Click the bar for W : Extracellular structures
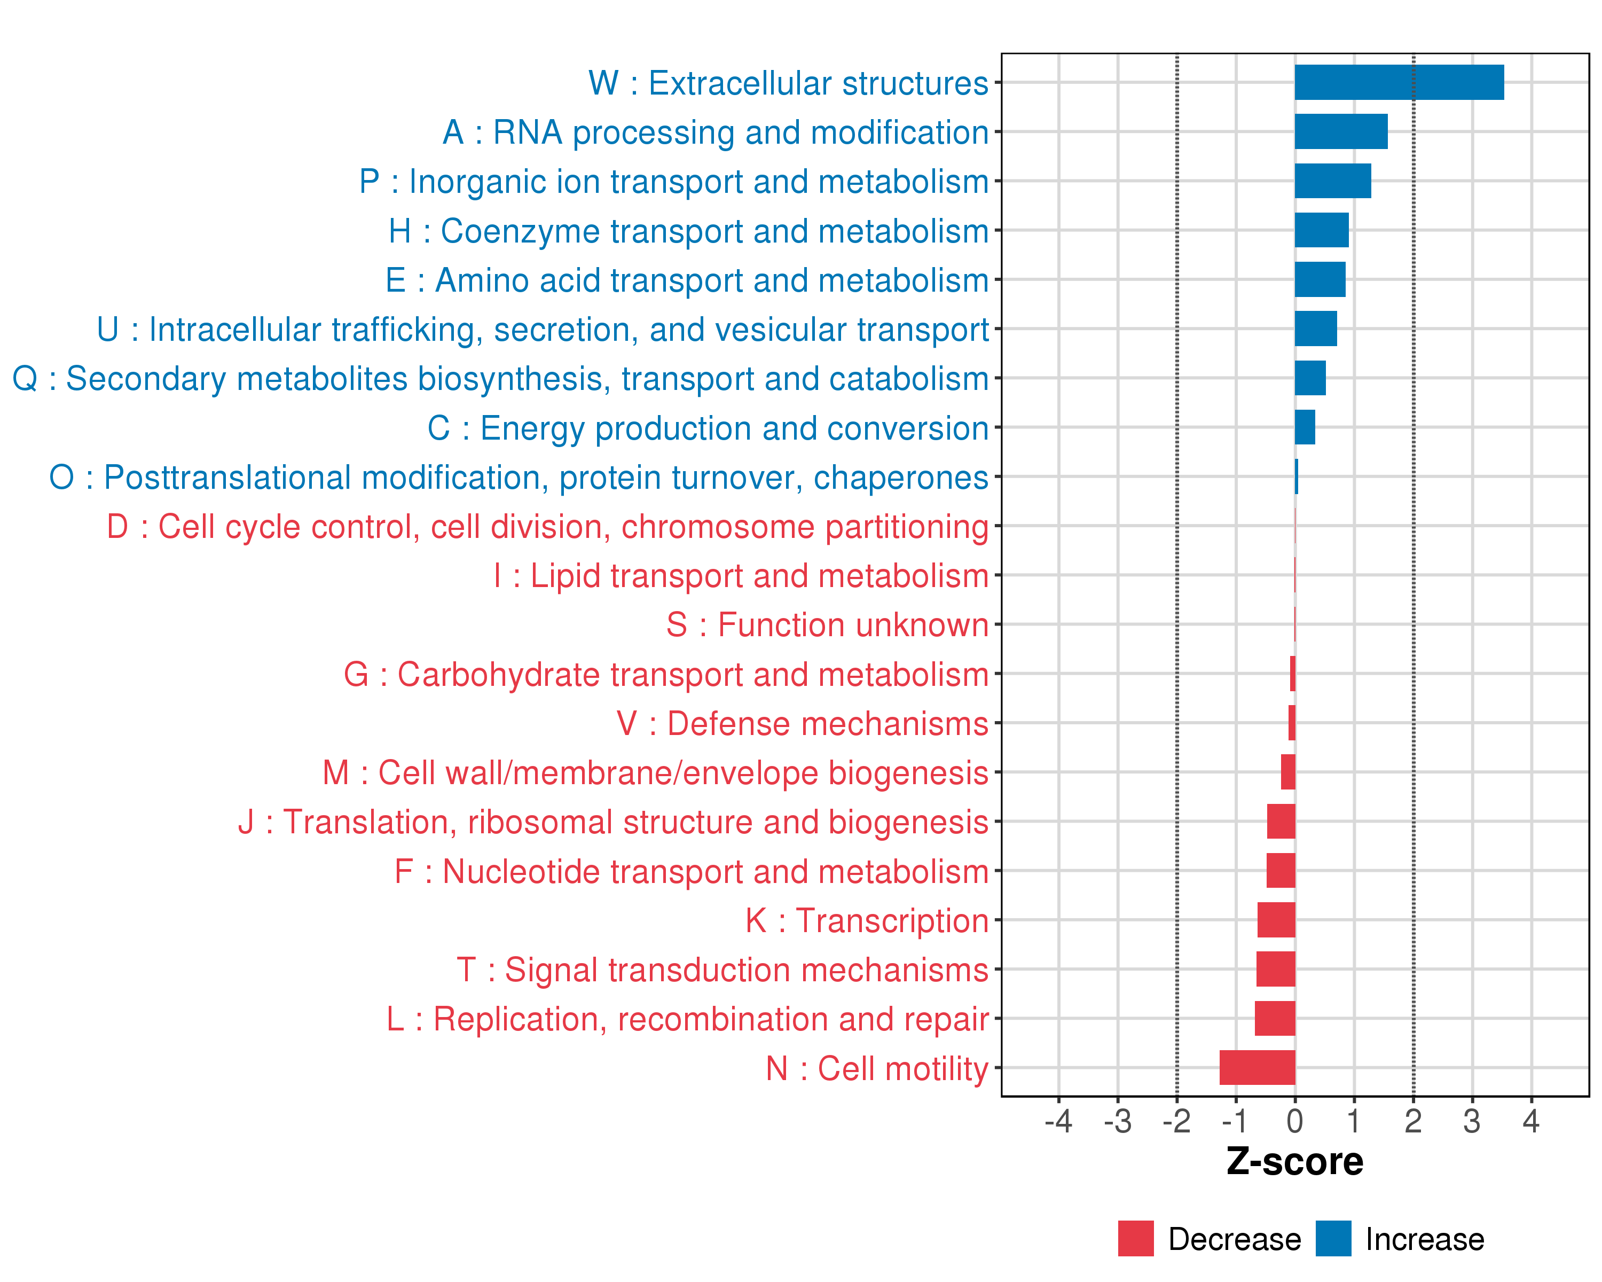[x=1399, y=82]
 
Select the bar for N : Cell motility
[x=1257, y=1067]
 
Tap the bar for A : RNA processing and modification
[x=1340, y=131]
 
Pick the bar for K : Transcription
[x=1276, y=920]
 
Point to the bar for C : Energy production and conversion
[x=1305, y=427]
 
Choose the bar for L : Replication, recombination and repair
[x=1274, y=1018]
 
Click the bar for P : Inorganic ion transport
[x=1332, y=181]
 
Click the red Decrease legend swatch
[x=1135, y=1238]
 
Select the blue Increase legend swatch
[x=1333, y=1238]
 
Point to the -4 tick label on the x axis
[x=1058, y=1121]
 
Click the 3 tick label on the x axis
[x=1471, y=1121]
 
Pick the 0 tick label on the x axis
[x=1294, y=1121]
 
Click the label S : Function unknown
[x=827, y=625]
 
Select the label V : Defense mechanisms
[x=803, y=724]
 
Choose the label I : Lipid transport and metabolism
[x=741, y=576]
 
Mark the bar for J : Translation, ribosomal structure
[x=1281, y=821]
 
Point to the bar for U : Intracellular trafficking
[x=1315, y=329]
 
